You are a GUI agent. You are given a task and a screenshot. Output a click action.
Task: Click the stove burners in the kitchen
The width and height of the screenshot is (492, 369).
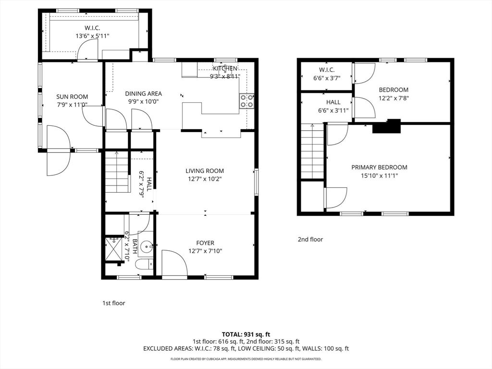[246, 100]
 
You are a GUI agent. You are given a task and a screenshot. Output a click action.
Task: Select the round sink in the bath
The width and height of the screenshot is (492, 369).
[148, 247]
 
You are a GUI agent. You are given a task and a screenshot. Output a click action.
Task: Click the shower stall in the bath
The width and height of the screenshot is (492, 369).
[114, 249]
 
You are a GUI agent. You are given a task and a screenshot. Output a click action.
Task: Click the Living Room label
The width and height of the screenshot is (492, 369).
[205, 171]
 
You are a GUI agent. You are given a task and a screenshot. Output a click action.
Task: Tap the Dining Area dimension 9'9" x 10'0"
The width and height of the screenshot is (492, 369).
[143, 101]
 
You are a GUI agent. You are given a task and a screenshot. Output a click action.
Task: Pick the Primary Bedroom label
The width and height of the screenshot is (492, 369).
[379, 167]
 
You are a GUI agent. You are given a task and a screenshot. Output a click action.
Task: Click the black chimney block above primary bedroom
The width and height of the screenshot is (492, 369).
[387, 126]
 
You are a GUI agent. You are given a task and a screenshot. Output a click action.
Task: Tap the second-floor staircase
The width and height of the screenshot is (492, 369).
[312, 151]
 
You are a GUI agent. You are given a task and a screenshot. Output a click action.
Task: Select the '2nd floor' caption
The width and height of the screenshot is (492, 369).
[310, 239]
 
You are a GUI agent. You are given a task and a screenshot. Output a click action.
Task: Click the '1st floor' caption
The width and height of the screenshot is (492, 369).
[114, 303]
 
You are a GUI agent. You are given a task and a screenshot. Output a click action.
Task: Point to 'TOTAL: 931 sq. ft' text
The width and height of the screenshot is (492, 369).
[246, 334]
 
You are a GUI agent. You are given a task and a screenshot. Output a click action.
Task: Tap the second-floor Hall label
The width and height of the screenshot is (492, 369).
[333, 102]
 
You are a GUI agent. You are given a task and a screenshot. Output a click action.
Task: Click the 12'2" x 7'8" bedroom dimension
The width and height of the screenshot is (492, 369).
[394, 98]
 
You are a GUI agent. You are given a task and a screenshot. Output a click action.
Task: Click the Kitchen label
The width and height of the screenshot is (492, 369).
[225, 69]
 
